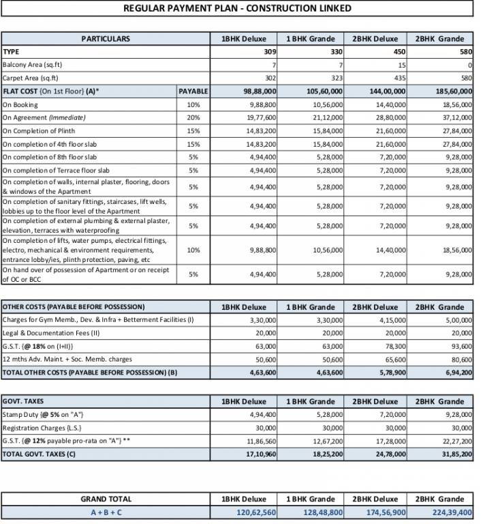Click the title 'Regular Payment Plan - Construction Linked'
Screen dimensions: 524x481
pyautogui.click(x=238, y=8)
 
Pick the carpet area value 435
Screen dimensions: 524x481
pyautogui.click(x=399, y=78)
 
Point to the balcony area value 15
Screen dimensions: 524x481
pyautogui.click(x=402, y=65)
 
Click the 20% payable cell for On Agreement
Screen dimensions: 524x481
pyautogui.click(x=193, y=117)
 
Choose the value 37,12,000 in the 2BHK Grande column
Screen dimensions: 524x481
pyautogui.click(x=454, y=117)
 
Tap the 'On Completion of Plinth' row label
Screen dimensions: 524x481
pyautogui.click(x=39, y=130)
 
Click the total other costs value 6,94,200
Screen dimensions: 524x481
pyautogui.click(x=455, y=372)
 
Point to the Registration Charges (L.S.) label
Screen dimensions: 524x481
pyautogui.click(x=44, y=428)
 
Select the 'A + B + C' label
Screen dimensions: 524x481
pyautogui.click(x=106, y=512)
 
